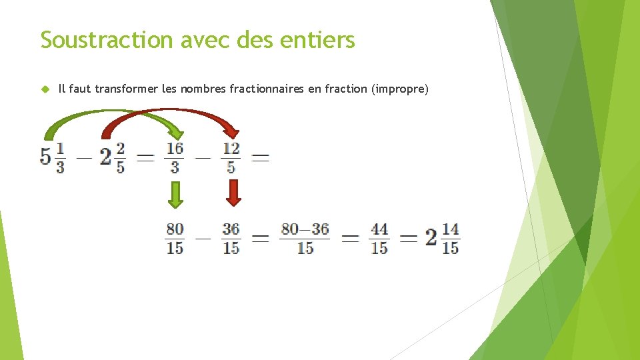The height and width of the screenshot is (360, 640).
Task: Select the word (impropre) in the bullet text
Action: coord(399,89)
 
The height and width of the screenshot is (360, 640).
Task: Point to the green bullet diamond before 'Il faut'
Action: coord(45,89)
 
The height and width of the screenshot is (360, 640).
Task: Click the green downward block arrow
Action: coord(175,194)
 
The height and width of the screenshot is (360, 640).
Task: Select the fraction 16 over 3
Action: coord(175,157)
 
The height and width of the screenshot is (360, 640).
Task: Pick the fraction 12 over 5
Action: coord(231,157)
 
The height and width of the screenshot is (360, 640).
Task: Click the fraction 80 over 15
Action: coord(175,238)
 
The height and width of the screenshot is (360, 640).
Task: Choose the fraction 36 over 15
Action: coord(231,238)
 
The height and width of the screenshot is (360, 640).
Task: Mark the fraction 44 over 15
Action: coord(379,238)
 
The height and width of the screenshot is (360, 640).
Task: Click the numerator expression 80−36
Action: coord(305,229)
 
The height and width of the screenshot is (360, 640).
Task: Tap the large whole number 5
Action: coord(46,157)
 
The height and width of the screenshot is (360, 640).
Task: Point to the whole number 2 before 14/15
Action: coord(431,237)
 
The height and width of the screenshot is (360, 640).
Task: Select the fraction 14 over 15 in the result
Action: coord(450,238)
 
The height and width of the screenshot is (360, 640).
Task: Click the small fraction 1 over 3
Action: coord(60,158)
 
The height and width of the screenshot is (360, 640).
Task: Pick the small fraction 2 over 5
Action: coord(120,158)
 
